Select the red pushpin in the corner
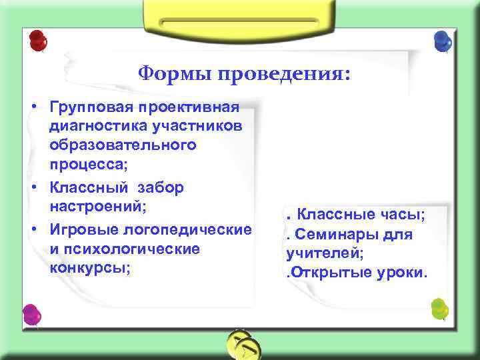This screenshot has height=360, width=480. [x=37, y=41]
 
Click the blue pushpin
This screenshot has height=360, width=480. [x=441, y=41]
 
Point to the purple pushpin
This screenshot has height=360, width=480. [x=31, y=315]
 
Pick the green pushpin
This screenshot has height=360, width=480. [x=439, y=309]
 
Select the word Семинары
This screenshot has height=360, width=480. [x=333, y=235]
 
